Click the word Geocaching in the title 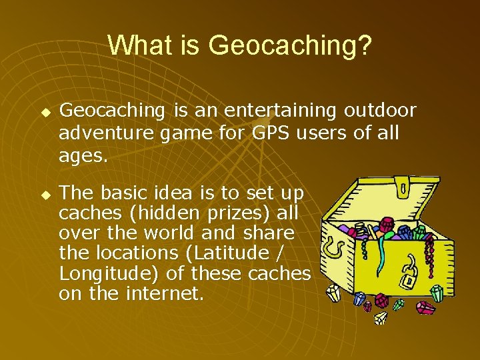(281, 46)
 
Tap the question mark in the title (364, 45)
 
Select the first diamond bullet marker (46, 113)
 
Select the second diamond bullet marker (46, 195)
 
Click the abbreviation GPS (271, 133)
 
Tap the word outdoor (380, 110)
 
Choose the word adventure (106, 133)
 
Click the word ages (83, 156)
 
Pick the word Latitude (229, 253)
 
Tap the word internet (165, 293)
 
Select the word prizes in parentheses (235, 213)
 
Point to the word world (169, 233)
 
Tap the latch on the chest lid (402, 187)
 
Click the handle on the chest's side (333, 247)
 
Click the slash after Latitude (277, 253)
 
